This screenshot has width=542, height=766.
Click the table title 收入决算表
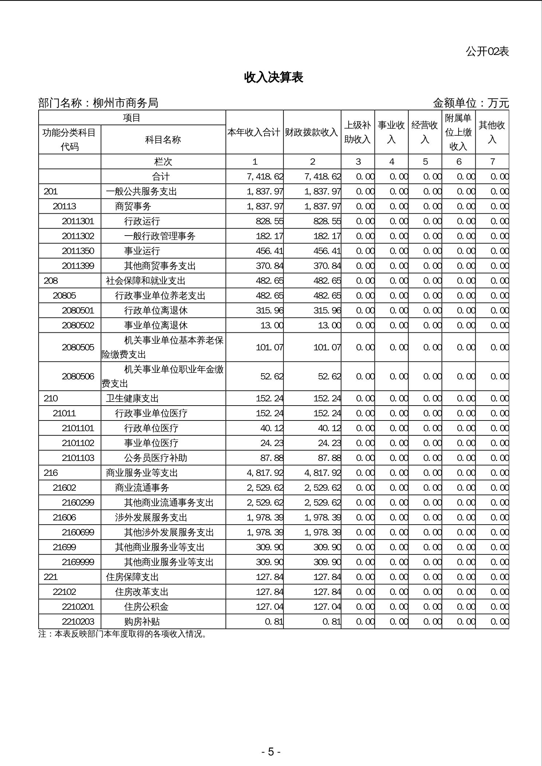pos(274,77)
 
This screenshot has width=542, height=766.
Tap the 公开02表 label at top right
pos(487,52)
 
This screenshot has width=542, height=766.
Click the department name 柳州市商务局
pos(125,103)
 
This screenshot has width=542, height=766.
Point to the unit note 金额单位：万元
pos(471,103)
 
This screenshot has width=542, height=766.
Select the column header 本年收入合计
pos(254,132)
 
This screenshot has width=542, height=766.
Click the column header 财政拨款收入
pos(312,132)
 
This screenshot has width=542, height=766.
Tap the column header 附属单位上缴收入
pos(458,132)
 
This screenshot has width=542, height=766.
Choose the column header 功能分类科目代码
pos(69,139)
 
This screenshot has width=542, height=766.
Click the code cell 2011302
pos(78,236)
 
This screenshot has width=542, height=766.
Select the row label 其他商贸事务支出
pos(160,266)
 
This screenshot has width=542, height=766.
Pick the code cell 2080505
pos(78,347)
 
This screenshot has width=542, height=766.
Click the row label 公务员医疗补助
pos(156,458)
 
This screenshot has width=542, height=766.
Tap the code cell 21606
pos(64,518)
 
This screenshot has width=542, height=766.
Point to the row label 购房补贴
pos(142,622)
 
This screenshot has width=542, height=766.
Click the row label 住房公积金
pos(146,607)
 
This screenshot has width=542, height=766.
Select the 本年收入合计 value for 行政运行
pos(270,221)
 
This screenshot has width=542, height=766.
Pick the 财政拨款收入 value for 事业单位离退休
pos(329,325)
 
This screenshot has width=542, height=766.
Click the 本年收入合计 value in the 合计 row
pos(265,177)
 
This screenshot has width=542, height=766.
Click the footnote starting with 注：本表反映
pos(123,634)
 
